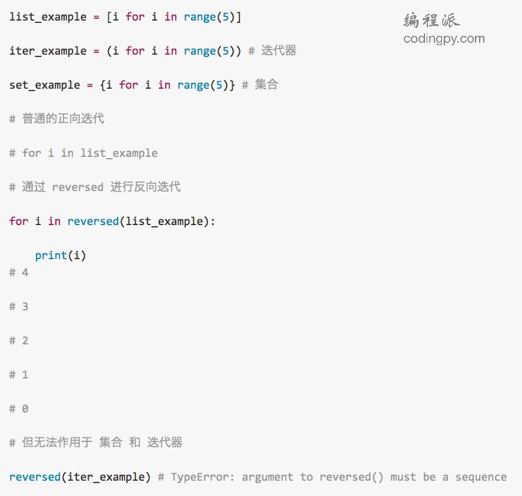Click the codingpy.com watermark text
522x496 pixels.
pyautogui.click(x=444, y=39)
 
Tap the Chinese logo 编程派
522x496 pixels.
pyautogui.click(x=431, y=21)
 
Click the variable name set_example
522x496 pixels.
pyautogui.click(x=45, y=85)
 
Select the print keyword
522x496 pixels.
pyautogui.click(x=51, y=256)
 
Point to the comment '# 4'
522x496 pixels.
pyautogui.click(x=19, y=273)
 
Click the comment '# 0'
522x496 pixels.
pyautogui.click(x=19, y=409)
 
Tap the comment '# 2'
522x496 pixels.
pyautogui.click(x=19, y=341)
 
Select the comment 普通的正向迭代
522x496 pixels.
pyautogui.click(x=63, y=119)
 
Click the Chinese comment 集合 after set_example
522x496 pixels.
pyautogui.click(x=266, y=85)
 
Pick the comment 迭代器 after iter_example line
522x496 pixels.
pyautogui.click(x=279, y=51)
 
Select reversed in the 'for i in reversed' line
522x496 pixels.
pyautogui.click(x=93, y=222)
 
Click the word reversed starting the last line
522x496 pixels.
pyautogui.click(x=35, y=477)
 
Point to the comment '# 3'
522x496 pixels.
pyautogui.click(x=19, y=307)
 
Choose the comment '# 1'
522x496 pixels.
pyautogui.click(x=19, y=375)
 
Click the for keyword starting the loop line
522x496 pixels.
pyautogui.click(x=19, y=222)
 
